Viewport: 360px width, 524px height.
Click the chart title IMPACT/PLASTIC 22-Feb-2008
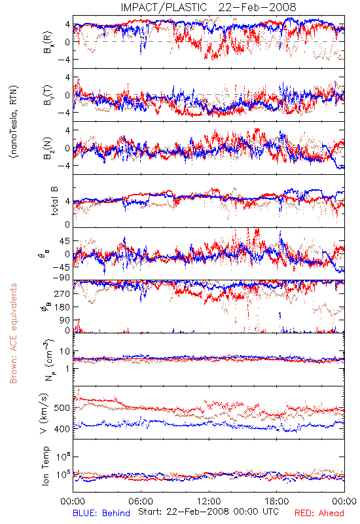(x=208, y=7)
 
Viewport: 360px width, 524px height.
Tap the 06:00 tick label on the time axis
(x=141, y=501)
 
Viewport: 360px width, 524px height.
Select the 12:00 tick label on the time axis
(x=209, y=501)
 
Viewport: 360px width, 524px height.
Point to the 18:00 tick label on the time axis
(x=277, y=501)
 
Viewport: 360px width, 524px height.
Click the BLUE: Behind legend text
(x=101, y=514)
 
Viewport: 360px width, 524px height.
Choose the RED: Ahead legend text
(x=319, y=514)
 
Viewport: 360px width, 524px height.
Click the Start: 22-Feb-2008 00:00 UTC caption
(x=208, y=512)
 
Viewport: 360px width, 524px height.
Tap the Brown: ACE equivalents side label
(x=13, y=333)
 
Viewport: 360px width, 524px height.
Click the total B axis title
(x=54, y=201)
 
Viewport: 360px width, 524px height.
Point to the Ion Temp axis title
(x=45, y=466)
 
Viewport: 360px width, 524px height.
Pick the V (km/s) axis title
(x=44, y=413)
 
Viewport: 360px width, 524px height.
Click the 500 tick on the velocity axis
(x=62, y=408)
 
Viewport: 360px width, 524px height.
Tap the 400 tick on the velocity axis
(x=62, y=429)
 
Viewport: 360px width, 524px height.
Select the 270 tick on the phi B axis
(x=63, y=293)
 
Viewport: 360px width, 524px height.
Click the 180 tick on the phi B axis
(x=63, y=307)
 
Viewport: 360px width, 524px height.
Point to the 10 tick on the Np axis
(x=65, y=351)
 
